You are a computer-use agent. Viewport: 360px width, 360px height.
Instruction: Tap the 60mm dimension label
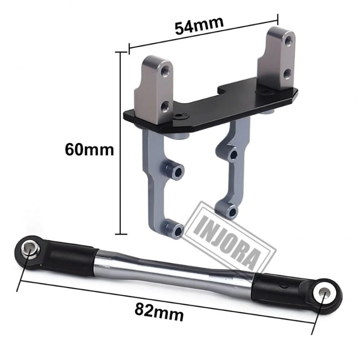coord(89,150)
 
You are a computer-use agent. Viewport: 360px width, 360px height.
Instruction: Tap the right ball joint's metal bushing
coord(323,293)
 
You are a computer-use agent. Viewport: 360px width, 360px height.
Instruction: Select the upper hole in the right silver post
coord(287,41)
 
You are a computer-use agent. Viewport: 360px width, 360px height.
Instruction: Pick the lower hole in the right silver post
coord(287,74)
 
